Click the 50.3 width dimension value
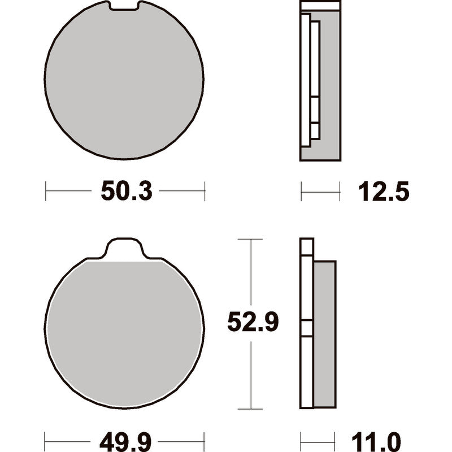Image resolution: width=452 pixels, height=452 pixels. [126, 191]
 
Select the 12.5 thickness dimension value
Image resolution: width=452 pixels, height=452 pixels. [384, 192]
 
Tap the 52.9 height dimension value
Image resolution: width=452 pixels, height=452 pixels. [253, 322]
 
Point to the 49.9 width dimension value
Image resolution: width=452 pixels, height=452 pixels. [125, 442]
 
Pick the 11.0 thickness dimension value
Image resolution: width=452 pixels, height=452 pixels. [376, 442]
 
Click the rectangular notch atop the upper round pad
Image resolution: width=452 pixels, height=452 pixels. [124, 6]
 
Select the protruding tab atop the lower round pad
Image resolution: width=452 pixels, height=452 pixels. [124, 249]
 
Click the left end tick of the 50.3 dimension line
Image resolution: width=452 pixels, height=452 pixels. [46, 191]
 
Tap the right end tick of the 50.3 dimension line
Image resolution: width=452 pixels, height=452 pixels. [205, 191]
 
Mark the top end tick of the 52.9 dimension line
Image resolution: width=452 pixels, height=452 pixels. [250, 239]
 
